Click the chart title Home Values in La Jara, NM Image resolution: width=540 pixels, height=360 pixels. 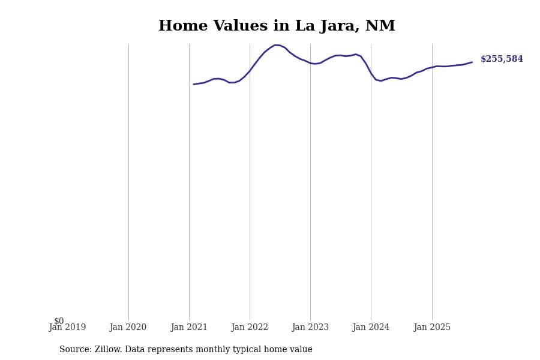point(277,26)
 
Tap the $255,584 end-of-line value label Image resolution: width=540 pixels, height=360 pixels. point(502,59)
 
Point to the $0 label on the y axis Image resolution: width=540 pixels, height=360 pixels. point(59,321)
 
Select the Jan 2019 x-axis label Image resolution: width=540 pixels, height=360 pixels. point(67,328)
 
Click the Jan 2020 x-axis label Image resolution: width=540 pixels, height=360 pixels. point(128,328)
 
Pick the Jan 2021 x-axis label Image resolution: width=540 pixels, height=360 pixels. point(189,328)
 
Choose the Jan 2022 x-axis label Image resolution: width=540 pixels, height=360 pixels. point(250,328)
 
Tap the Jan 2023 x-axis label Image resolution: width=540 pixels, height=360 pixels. point(310,328)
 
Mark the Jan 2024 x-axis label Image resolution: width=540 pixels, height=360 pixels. point(371,328)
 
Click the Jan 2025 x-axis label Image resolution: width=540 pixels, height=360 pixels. point(432,328)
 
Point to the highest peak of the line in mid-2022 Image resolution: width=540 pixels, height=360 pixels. point(277,45)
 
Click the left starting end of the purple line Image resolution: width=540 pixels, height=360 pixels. point(194,84)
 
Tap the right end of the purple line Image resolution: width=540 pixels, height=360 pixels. point(472,62)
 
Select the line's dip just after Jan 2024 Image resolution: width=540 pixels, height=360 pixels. point(380,80)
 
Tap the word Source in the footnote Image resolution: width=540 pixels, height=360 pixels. point(74,350)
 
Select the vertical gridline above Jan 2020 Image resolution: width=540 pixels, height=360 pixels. point(128,180)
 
